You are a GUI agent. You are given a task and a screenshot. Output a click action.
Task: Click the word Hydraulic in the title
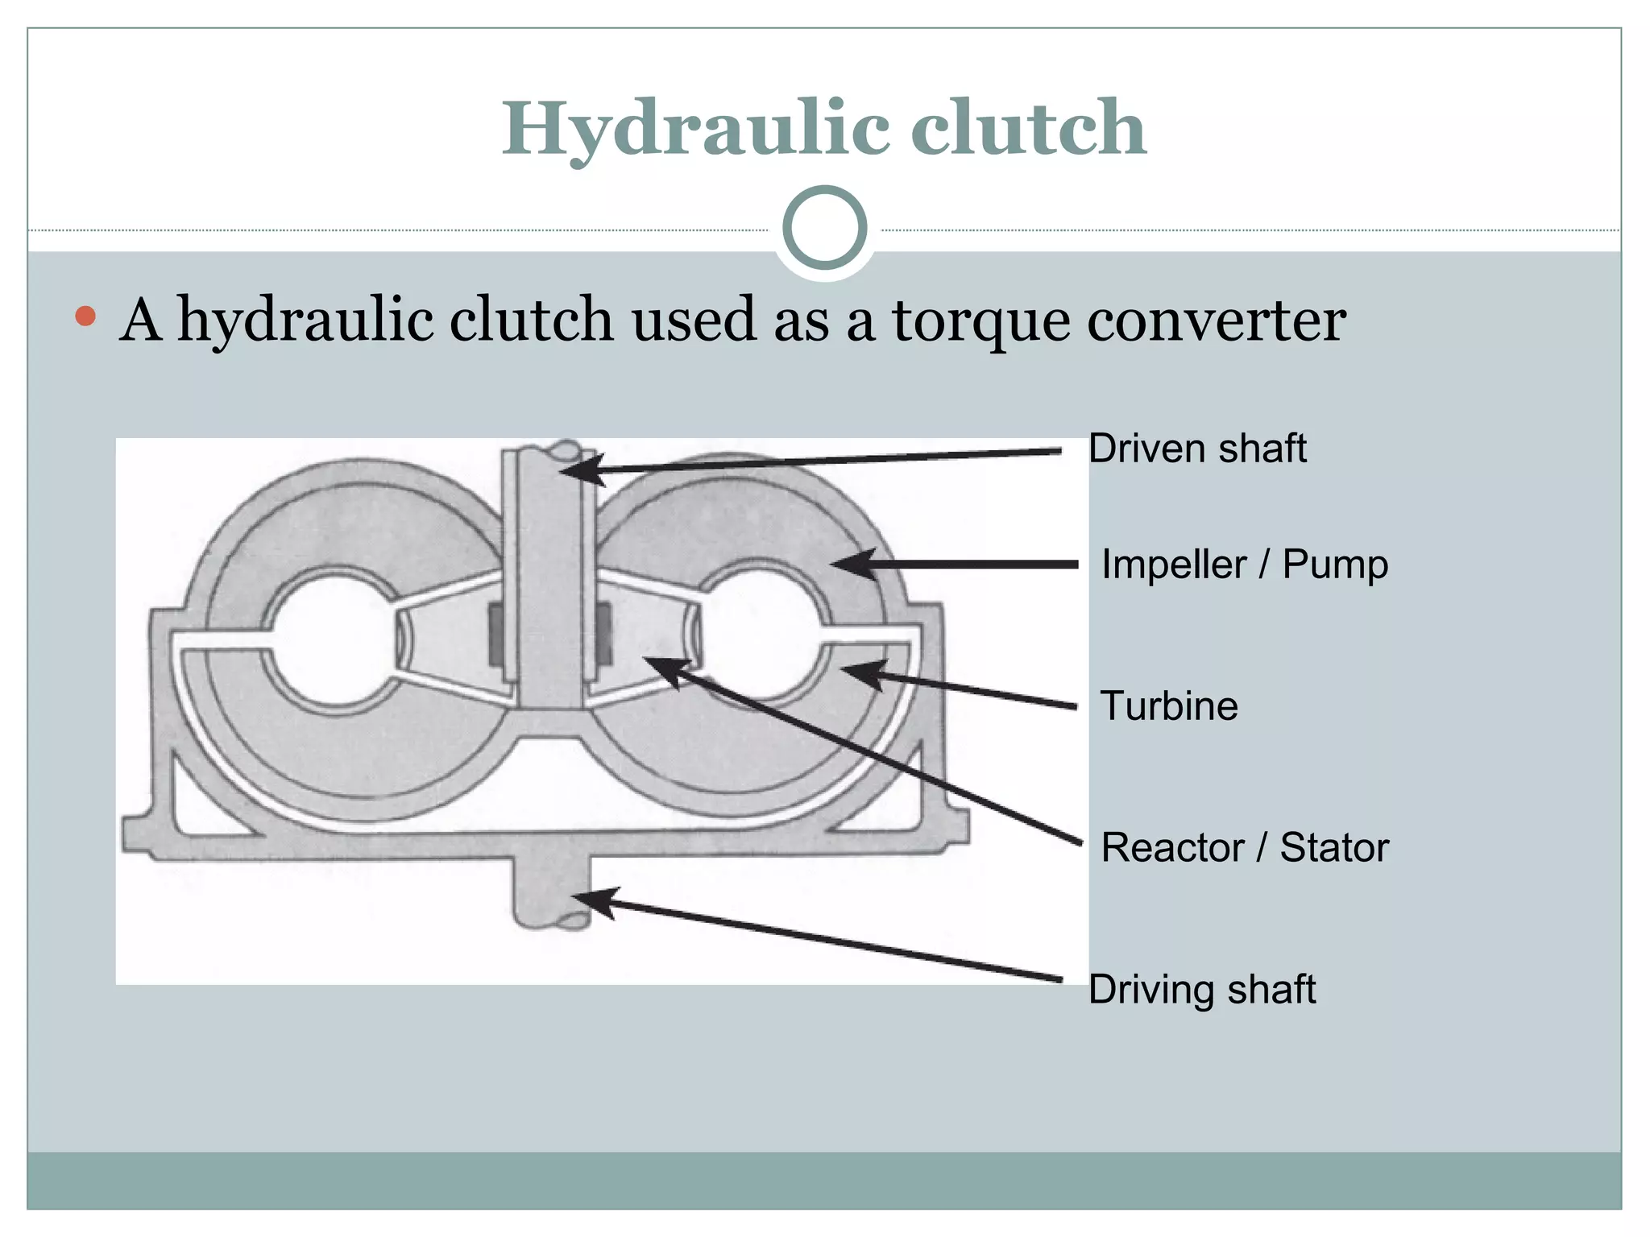click(696, 129)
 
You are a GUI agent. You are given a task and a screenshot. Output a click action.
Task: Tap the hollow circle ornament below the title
click(824, 228)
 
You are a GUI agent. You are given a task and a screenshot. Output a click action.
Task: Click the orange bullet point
click(85, 316)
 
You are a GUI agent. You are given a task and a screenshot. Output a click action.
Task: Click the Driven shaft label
click(1196, 449)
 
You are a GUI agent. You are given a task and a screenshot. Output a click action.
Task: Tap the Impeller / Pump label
click(1244, 564)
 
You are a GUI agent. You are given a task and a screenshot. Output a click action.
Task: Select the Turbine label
click(1168, 705)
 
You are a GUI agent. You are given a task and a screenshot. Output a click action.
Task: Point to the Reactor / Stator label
click(1245, 847)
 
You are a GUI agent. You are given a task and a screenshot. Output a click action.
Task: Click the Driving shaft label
click(1201, 989)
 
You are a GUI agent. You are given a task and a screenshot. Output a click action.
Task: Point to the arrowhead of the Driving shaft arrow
click(592, 899)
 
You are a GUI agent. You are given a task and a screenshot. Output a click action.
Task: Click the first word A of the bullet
click(140, 321)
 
